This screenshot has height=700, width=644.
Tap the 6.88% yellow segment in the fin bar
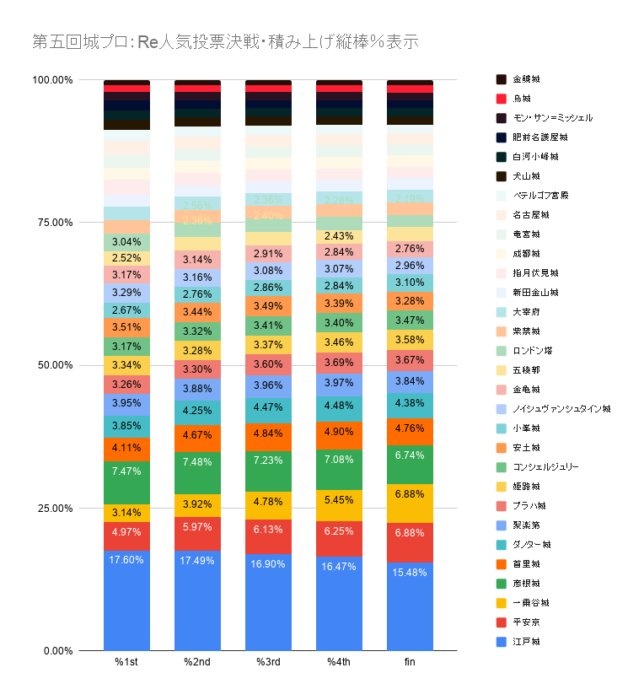(410, 503)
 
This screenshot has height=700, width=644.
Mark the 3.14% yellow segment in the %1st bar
(126, 513)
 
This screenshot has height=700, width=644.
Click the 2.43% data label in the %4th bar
(339, 237)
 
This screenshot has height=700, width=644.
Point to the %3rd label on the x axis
(268, 663)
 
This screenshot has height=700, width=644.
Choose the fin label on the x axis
(410, 663)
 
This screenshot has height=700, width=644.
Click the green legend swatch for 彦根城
(501, 584)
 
